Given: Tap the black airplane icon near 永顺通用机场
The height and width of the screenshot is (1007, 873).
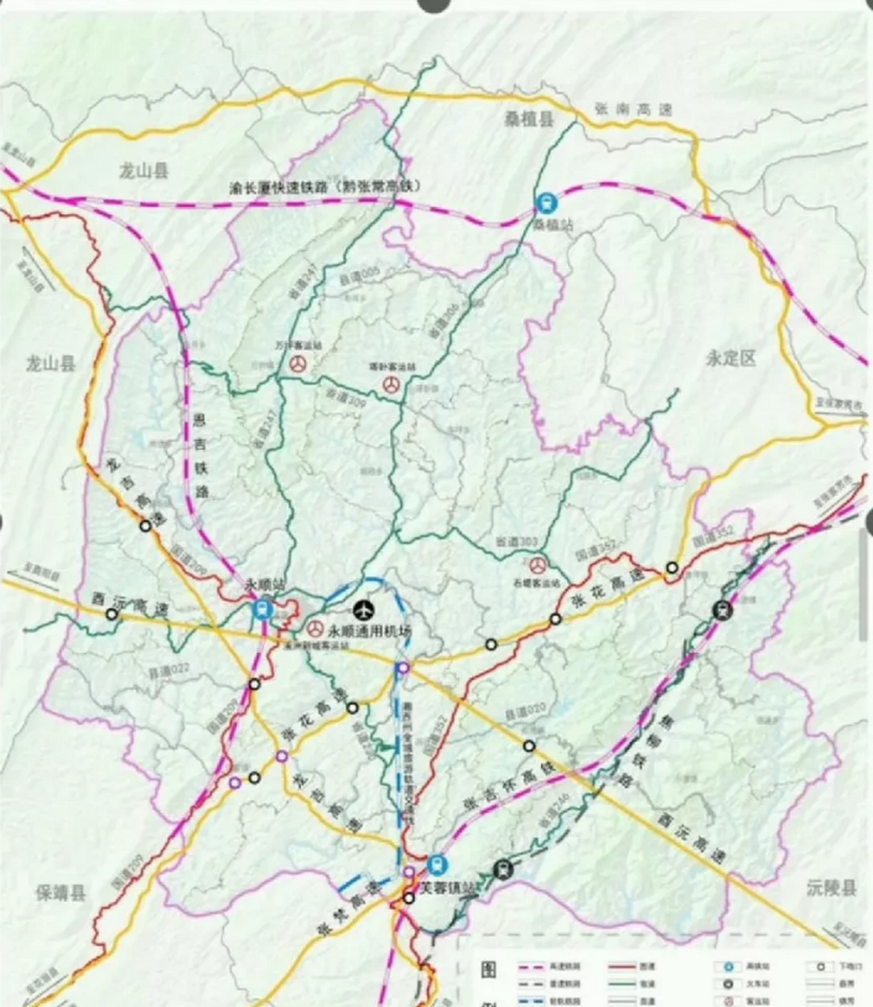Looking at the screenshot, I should click(363, 609).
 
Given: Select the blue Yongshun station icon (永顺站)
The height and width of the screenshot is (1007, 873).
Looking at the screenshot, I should click(262, 609).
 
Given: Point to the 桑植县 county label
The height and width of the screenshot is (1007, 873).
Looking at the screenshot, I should click(529, 120).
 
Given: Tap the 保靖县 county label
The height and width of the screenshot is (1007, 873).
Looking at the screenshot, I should click(61, 893).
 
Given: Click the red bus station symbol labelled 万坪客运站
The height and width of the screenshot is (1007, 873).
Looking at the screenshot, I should click(298, 364).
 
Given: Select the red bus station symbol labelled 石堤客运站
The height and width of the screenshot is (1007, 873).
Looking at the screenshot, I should click(537, 564).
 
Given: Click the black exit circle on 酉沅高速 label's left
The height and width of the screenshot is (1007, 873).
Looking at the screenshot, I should click(112, 615).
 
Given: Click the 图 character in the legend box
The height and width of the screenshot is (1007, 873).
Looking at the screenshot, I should click(488, 969).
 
